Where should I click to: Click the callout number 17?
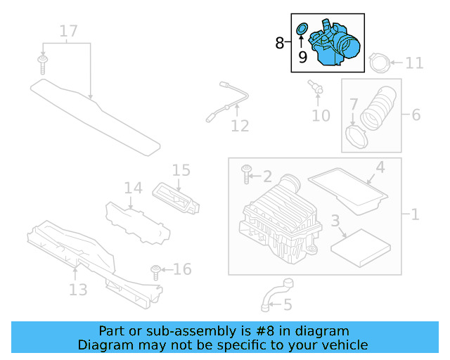[x=68, y=31]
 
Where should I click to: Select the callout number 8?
[x=280, y=44]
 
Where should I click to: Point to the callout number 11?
[x=415, y=63]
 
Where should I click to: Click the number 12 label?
[x=240, y=126]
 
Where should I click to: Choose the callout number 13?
[x=78, y=290]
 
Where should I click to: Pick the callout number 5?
[x=287, y=304]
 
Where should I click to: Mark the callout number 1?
[x=415, y=214]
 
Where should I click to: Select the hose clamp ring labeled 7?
[x=357, y=135]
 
